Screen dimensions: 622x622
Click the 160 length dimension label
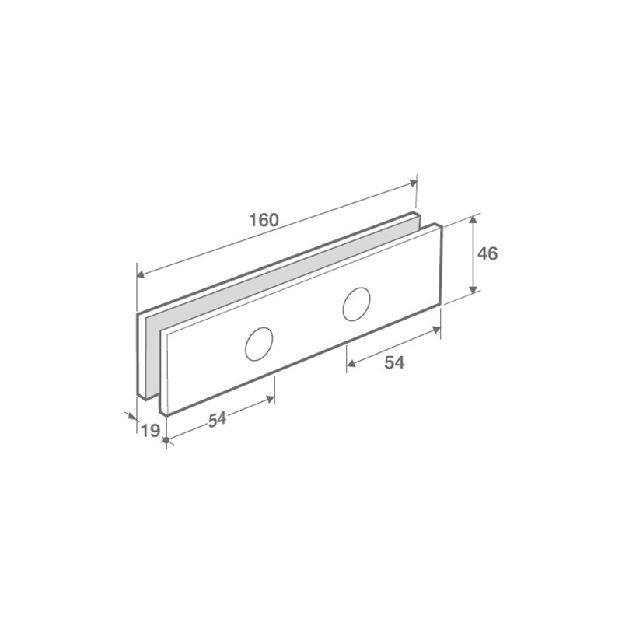point(264,220)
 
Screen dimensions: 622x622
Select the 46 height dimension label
point(487,254)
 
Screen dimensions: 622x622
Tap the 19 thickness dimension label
point(150,431)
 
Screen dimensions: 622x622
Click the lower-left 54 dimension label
point(217,420)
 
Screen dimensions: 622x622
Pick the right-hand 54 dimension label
point(394,362)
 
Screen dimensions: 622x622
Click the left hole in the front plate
point(259,344)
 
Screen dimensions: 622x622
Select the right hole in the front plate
point(356,304)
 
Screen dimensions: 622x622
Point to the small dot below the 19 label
point(166,440)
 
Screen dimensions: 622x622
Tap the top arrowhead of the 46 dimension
point(473,221)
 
